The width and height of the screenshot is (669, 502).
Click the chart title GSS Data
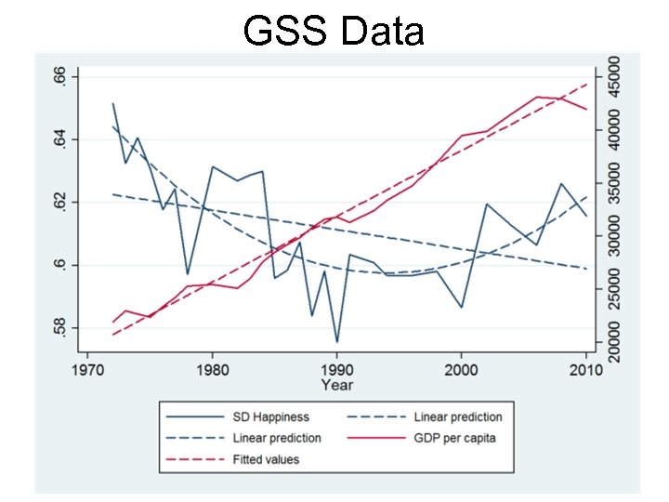pos(334,31)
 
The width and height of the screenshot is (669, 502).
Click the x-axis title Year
pos(335,383)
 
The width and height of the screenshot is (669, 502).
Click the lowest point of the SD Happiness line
pos(336,342)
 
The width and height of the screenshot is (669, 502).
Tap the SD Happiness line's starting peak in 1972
pos(112,104)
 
